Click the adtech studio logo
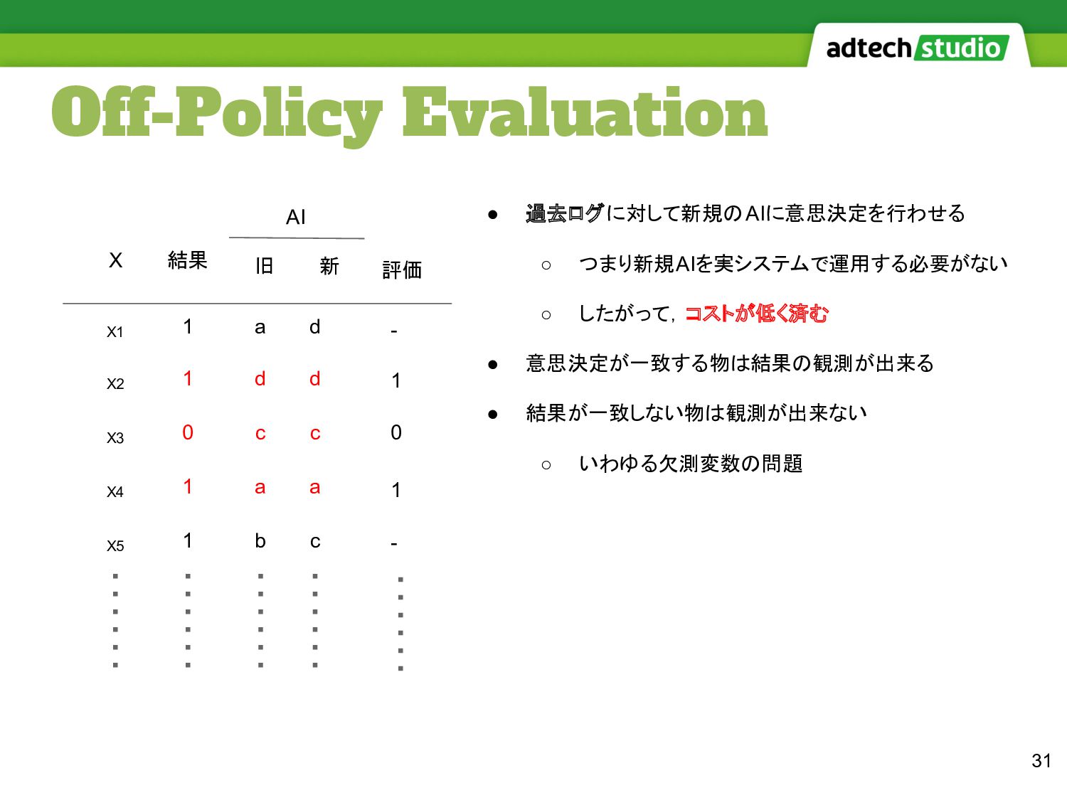[918, 48]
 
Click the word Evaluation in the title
[585, 112]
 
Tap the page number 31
[1041, 761]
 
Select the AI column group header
[295, 217]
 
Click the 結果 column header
[187, 260]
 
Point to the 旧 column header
[264, 266]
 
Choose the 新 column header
[329, 266]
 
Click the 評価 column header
[401, 270]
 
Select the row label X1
[115, 332]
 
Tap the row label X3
[115, 438]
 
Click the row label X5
[115, 546]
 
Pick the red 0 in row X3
[188, 432]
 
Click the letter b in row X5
[260, 540]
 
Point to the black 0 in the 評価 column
[396, 432]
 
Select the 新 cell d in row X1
[314, 326]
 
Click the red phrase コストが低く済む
[756, 314]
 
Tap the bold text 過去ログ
[566, 213]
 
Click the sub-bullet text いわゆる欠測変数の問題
[691, 464]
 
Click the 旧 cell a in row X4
[260, 487]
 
